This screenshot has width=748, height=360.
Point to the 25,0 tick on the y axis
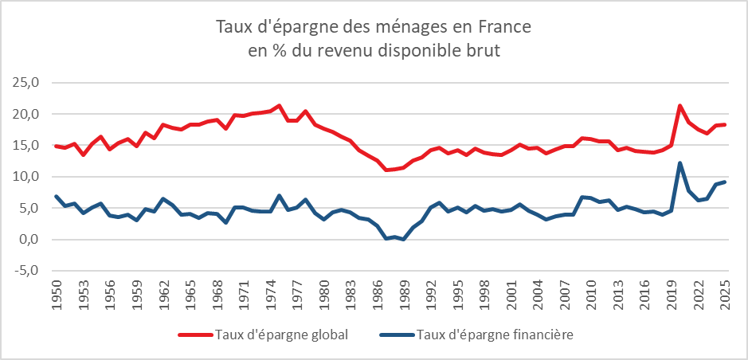(x=24, y=82)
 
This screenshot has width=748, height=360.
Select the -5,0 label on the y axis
(x=24, y=271)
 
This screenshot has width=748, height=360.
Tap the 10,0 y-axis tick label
(x=24, y=177)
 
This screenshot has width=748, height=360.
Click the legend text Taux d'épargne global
(x=281, y=335)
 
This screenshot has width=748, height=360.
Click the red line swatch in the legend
(x=195, y=335)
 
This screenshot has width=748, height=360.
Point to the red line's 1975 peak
(x=279, y=106)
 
